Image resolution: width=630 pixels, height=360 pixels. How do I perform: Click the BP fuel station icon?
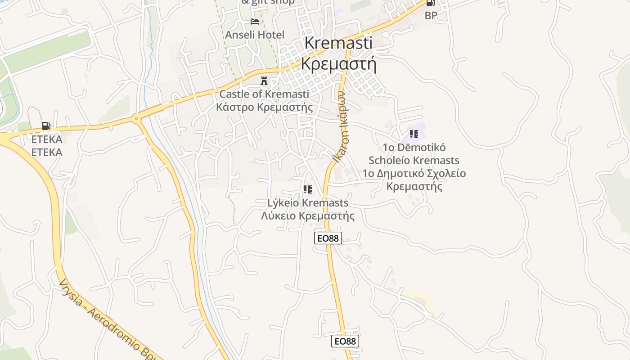pyautogui.click(x=431, y=3)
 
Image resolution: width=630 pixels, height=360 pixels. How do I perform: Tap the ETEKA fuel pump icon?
pyautogui.click(x=46, y=126)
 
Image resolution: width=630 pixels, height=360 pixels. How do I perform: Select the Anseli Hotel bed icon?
pyautogui.click(x=255, y=22)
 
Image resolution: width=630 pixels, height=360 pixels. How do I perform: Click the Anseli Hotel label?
pyautogui.click(x=255, y=35)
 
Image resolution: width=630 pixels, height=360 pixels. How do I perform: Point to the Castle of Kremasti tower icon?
pyautogui.click(x=264, y=81)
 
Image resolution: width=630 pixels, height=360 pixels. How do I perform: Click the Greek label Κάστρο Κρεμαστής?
pyautogui.click(x=264, y=107)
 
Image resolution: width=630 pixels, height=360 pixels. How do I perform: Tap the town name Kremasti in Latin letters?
pyautogui.click(x=338, y=43)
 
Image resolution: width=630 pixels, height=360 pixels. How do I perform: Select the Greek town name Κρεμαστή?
pyautogui.click(x=338, y=64)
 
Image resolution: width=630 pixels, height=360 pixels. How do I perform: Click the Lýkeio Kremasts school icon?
pyautogui.click(x=308, y=189)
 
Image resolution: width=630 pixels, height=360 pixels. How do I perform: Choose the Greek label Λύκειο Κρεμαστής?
pyautogui.click(x=308, y=216)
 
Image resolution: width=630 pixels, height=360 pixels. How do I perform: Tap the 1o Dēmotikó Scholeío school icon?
pyautogui.click(x=414, y=134)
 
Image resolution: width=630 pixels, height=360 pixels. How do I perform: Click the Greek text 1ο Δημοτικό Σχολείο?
pyautogui.click(x=414, y=173)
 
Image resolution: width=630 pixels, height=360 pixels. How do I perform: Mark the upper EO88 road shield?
pyautogui.click(x=328, y=238)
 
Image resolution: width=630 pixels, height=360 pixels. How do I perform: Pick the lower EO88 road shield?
pyautogui.click(x=345, y=341)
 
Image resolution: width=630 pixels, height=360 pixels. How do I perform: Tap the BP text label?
pyautogui.click(x=431, y=15)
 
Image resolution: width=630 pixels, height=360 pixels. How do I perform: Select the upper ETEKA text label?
pyautogui.click(x=47, y=139)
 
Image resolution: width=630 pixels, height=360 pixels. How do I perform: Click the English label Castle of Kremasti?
pyautogui.click(x=264, y=94)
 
